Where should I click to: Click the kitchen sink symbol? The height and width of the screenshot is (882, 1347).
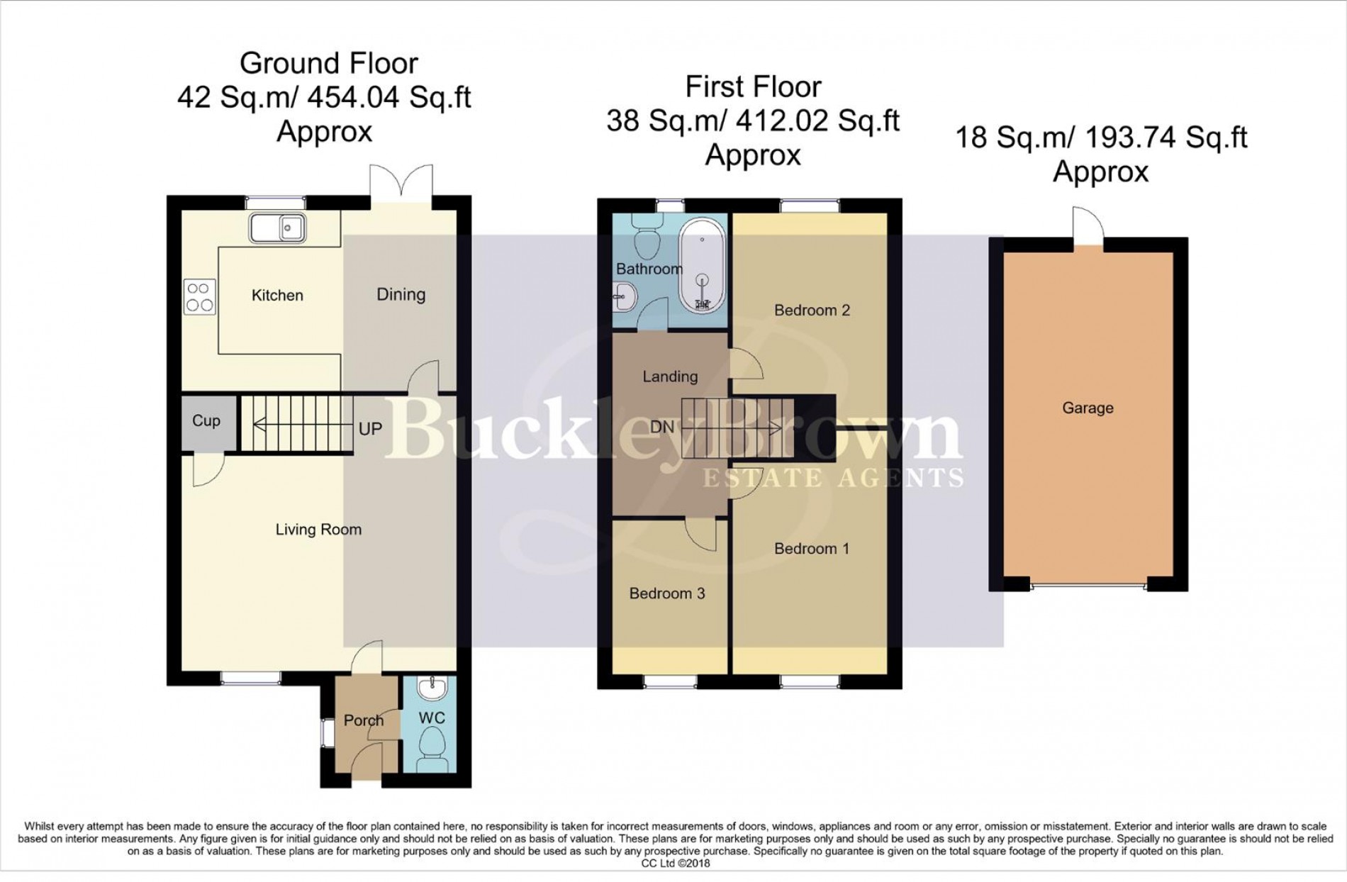(277, 228)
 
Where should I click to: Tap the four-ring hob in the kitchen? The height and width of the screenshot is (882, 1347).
(200, 297)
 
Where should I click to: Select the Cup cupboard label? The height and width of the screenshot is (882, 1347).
(206, 420)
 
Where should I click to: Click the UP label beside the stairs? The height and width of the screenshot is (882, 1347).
(370, 428)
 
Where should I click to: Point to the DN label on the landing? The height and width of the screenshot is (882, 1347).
(662, 427)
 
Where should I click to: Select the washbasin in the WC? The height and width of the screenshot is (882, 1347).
(430, 687)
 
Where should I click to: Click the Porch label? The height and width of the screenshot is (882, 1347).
(364, 720)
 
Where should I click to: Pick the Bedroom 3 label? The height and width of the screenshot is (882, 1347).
(667, 593)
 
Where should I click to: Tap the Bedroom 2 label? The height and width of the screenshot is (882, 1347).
(812, 310)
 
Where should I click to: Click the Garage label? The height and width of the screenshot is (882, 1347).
(1088, 408)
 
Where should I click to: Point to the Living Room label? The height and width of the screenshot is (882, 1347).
(318, 530)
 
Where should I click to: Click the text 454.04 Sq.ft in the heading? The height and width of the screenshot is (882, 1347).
(389, 97)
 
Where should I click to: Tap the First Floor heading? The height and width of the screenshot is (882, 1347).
(753, 86)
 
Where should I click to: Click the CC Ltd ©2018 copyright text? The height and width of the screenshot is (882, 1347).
(675, 864)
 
